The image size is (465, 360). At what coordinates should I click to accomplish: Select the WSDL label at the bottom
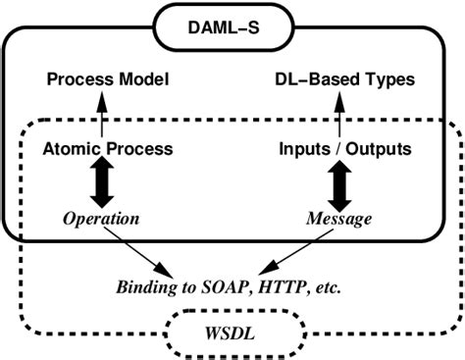[x=232, y=334]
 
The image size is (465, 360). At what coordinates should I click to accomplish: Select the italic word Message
[x=338, y=219]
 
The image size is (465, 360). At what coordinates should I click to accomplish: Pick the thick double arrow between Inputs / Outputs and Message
[x=338, y=184]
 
